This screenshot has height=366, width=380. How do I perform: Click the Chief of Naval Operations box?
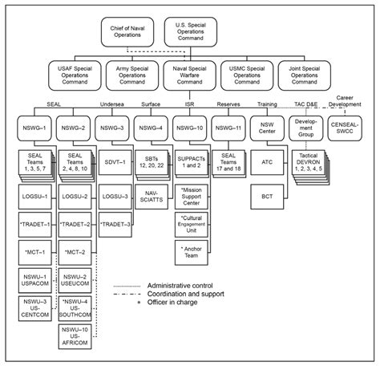tap(131, 32)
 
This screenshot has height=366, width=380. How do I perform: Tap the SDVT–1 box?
tap(112, 163)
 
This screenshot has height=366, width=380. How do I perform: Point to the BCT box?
tap(269, 195)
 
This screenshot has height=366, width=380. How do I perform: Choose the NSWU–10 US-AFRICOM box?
tap(73, 338)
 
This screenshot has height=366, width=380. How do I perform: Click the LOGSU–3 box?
tap(112, 196)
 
